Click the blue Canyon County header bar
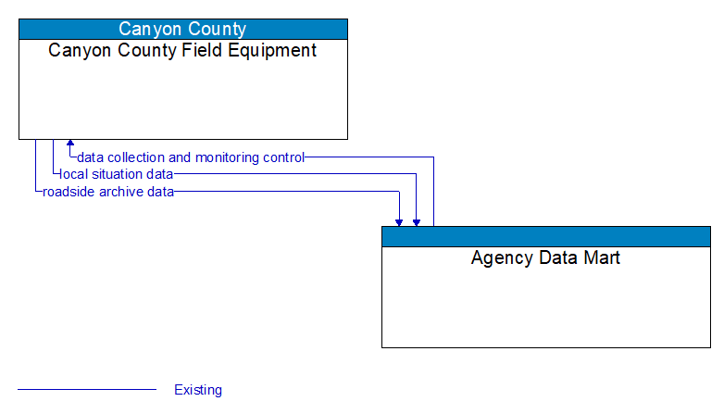(x=182, y=29)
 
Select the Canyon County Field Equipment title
(x=182, y=51)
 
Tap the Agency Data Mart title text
(x=545, y=257)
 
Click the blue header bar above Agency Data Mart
(x=545, y=236)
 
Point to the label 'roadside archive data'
(x=108, y=192)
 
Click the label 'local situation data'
(x=116, y=174)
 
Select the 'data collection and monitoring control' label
(x=191, y=157)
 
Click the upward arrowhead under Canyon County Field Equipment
(x=70, y=144)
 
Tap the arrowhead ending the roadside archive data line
(x=399, y=221)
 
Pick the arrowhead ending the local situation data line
(x=417, y=221)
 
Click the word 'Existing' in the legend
(x=198, y=390)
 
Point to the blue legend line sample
(x=87, y=390)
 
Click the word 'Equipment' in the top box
(x=275, y=51)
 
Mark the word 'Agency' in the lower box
(x=499, y=257)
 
